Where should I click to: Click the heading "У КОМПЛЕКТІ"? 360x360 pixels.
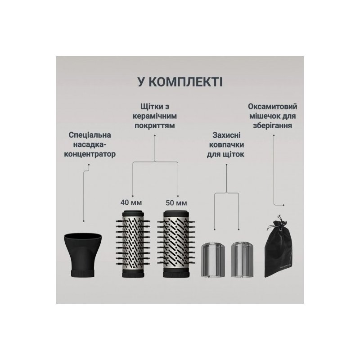pos(180,82)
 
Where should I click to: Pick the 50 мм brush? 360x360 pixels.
pos(176,244)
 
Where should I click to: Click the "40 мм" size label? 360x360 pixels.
pos(131,202)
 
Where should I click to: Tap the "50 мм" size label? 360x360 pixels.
pos(176,203)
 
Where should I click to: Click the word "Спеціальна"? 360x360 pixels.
pos(90,135)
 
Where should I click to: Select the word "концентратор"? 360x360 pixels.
pos(90,154)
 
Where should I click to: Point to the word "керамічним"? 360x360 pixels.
pos(155,116)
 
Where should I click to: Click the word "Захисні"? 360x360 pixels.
pos(226,135)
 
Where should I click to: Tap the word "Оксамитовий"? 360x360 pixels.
pos(273,107)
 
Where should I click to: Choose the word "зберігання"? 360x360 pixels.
pos(273,126)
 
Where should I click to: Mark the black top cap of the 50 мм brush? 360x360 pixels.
pos(176,213)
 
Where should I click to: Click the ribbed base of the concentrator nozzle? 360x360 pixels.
pos(83,273)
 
